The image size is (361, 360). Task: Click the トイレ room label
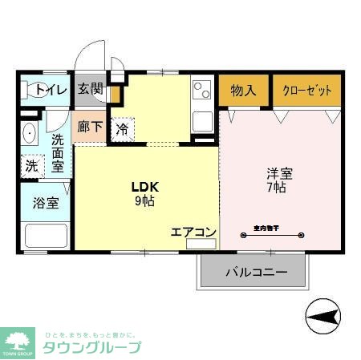(51, 90)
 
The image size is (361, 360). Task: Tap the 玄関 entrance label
(90, 89)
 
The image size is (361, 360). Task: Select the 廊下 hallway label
(88, 127)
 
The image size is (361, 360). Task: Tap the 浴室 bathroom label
(45, 202)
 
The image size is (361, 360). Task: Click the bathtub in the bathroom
(45, 236)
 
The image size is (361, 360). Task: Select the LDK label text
(145, 187)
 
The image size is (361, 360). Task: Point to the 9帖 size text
(145, 201)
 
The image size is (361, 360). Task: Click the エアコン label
(193, 233)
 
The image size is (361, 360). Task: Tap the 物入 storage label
(243, 90)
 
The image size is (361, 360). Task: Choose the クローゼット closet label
(306, 90)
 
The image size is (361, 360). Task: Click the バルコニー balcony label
(255, 273)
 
